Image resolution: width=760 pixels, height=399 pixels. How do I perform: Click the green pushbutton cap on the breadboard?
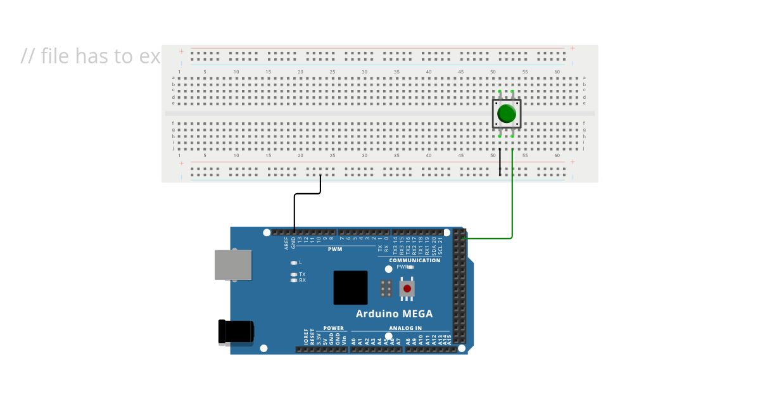(507, 114)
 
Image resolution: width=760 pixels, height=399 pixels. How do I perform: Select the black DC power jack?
(236, 332)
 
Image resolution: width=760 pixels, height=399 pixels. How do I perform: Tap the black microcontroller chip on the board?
(350, 288)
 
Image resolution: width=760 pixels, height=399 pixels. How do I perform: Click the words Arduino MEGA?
(394, 313)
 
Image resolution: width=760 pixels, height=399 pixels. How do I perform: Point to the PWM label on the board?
(335, 249)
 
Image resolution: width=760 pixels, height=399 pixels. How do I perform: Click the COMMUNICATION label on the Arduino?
(414, 260)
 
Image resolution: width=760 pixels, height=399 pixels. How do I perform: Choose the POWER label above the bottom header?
(333, 328)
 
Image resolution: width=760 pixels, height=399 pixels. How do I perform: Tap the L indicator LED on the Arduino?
(293, 262)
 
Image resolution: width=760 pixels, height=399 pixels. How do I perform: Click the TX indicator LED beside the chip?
(293, 274)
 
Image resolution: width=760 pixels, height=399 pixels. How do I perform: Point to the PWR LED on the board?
(411, 267)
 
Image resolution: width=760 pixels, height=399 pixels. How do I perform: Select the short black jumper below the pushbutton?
(500, 162)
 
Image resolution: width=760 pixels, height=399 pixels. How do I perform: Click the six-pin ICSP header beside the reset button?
(385, 289)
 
